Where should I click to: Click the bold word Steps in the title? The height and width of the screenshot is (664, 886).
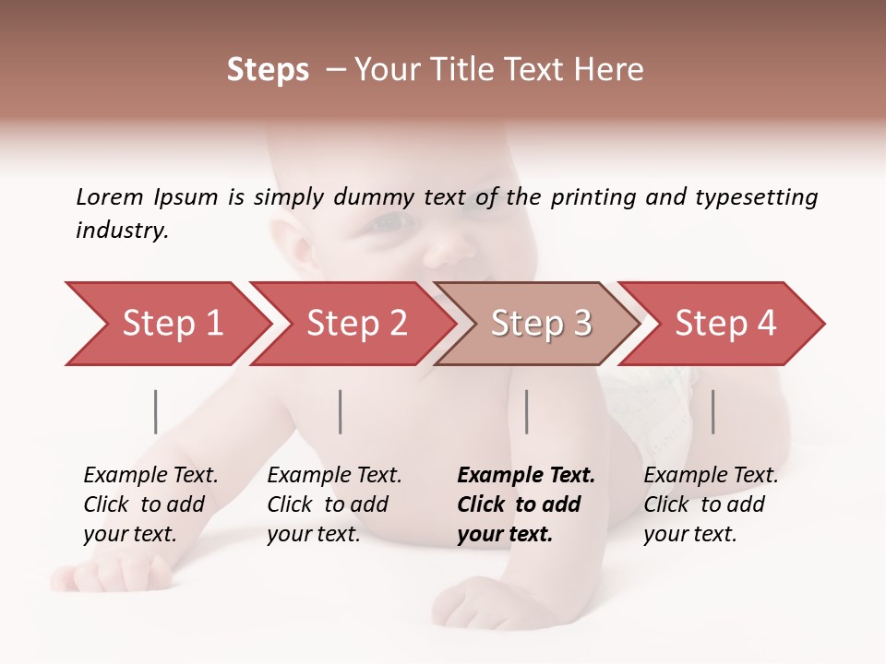[268, 70]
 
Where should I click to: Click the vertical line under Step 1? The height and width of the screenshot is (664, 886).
[156, 411]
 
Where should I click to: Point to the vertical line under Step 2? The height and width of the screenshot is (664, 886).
[341, 411]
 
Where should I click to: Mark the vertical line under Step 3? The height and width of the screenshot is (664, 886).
[527, 411]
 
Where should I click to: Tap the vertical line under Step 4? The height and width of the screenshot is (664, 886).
[713, 411]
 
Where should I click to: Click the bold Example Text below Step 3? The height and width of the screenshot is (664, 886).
[526, 504]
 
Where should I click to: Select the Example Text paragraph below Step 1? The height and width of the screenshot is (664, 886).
[150, 504]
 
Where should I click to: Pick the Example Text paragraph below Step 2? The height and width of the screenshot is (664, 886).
[334, 504]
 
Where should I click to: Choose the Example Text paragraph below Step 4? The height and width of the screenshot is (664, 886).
[711, 504]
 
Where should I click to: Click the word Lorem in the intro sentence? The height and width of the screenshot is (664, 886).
[110, 196]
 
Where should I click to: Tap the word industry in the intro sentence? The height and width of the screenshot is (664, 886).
[122, 231]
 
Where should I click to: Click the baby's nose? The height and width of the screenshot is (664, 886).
[449, 247]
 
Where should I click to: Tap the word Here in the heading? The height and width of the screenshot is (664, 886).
[608, 70]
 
